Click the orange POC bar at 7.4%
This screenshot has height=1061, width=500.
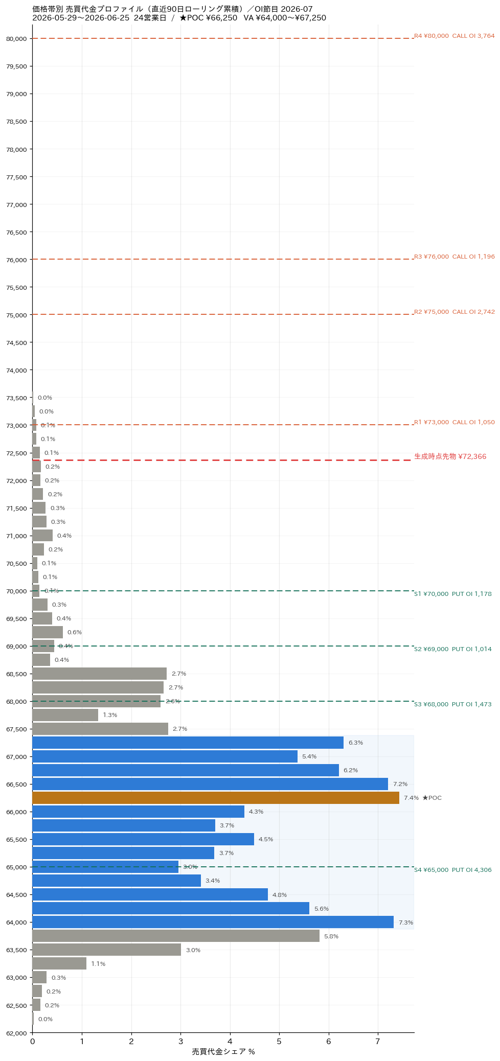[x=216, y=798]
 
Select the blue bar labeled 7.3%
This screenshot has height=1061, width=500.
[x=213, y=922]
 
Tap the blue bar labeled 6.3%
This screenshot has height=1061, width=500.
[x=188, y=743]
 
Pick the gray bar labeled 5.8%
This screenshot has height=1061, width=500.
[x=176, y=936]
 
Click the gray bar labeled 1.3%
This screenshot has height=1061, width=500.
[x=65, y=715]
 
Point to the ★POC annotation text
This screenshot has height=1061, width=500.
[x=432, y=798]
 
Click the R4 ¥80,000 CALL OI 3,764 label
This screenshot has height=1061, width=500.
[x=454, y=36]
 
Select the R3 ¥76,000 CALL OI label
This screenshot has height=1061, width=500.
[x=454, y=257]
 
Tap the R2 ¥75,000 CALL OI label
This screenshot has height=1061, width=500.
[x=454, y=312]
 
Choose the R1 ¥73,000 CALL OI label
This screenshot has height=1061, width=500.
[x=454, y=422]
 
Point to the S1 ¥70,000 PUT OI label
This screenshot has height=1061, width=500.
[x=453, y=594]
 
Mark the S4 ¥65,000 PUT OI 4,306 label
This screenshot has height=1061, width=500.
[x=453, y=870]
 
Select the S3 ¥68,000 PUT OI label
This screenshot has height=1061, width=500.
[x=453, y=704]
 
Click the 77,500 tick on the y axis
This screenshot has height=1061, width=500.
[x=16, y=177]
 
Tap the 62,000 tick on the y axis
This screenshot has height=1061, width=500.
[x=16, y=1033]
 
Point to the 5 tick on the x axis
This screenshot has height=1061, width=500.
[x=279, y=1042]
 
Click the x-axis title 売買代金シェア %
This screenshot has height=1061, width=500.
[x=223, y=1052]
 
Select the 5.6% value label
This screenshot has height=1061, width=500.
[x=322, y=909]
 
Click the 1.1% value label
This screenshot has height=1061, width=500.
[x=98, y=964]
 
